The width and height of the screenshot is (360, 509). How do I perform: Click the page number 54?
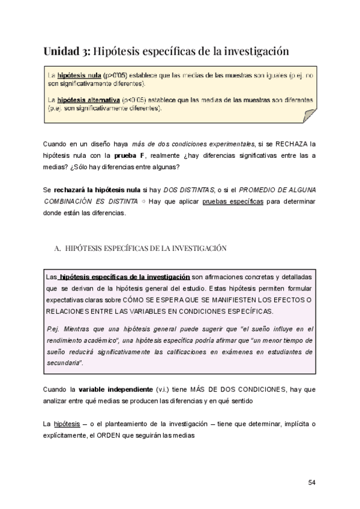point(311,482)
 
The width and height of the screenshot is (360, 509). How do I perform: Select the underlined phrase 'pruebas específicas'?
point(233,201)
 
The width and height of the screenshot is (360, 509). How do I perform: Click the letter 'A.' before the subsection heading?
point(58,247)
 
